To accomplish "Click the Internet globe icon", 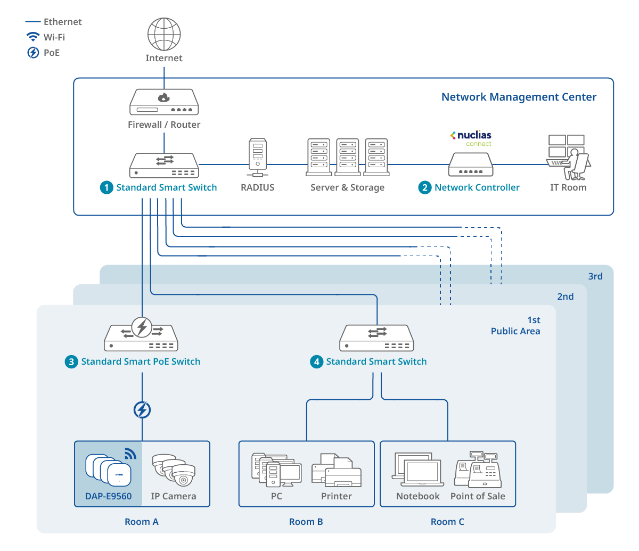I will (x=164, y=35).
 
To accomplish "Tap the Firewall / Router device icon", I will (x=164, y=102).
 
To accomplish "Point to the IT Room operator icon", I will (x=568, y=158).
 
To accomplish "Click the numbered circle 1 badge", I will (x=106, y=187).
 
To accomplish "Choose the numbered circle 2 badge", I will (x=424, y=187).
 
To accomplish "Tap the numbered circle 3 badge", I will (x=71, y=362).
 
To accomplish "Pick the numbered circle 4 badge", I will (x=317, y=362).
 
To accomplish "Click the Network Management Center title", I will (x=519, y=97).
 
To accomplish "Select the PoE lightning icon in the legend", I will (x=33, y=53).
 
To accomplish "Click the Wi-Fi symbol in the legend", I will (x=33, y=37).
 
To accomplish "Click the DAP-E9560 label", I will (x=108, y=496).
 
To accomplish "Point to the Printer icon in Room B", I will (x=336, y=470).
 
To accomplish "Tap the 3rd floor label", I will (x=595, y=276).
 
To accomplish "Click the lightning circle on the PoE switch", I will (x=142, y=327).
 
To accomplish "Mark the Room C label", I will (x=447, y=522).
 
